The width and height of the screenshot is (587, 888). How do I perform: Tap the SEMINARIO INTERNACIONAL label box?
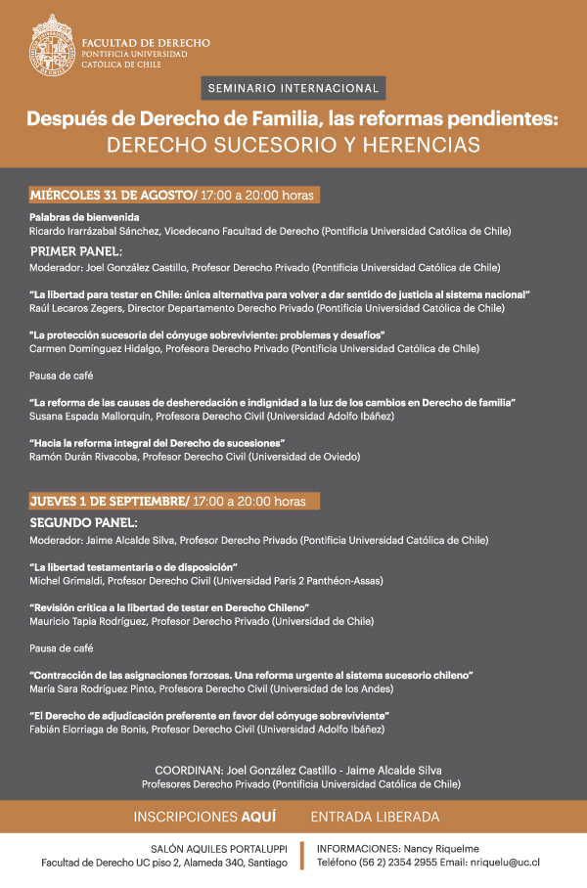pyautogui.click(x=293, y=88)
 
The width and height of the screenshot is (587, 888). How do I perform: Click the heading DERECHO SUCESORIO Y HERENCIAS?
pyautogui.click(x=293, y=144)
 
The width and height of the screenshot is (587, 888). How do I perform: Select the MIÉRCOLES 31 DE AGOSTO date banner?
pyautogui.click(x=174, y=195)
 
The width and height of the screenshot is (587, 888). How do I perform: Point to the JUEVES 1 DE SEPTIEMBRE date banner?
pyautogui.click(x=174, y=501)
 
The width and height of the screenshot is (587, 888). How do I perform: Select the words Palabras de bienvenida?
pyautogui.click(x=84, y=217)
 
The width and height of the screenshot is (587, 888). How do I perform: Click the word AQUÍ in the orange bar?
pyautogui.click(x=258, y=817)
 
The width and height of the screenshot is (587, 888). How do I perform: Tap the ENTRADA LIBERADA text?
pyautogui.click(x=375, y=817)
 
